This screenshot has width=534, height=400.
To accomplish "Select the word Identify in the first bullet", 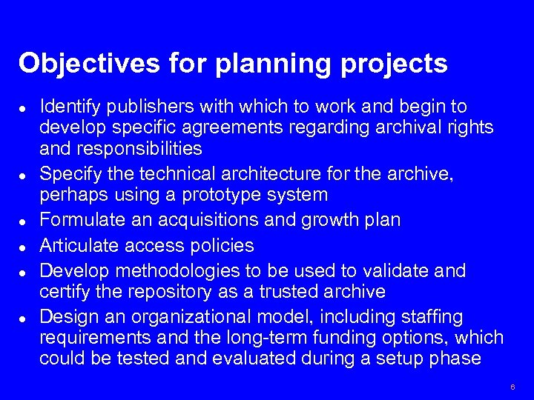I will coord(65,106).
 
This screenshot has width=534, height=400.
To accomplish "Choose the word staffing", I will coord(431,317).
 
